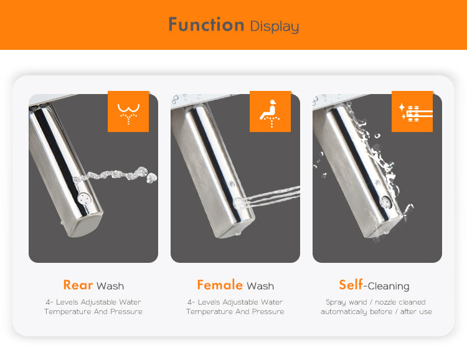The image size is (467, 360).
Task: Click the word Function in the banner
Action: click(206, 24)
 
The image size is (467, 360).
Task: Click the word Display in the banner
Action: click(275, 27)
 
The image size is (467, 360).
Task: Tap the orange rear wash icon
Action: click(128, 111)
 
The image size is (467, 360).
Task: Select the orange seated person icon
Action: click(270, 111)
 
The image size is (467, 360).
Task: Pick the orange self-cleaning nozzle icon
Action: click(412, 111)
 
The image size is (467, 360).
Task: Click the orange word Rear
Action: click(78, 285)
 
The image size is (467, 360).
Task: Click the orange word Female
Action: click(220, 285)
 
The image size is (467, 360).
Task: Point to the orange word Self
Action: click(351, 285)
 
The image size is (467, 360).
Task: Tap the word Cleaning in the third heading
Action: click(389, 286)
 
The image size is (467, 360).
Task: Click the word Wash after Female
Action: click(260, 286)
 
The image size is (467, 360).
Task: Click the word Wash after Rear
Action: click(110, 286)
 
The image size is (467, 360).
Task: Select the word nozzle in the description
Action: click(386, 302)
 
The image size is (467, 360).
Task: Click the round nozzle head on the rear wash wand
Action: click(83, 198)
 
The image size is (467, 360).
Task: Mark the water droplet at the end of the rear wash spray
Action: click(152, 178)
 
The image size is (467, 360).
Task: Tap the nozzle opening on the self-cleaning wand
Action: click(386, 202)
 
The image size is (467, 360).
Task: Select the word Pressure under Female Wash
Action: click(268, 311)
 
